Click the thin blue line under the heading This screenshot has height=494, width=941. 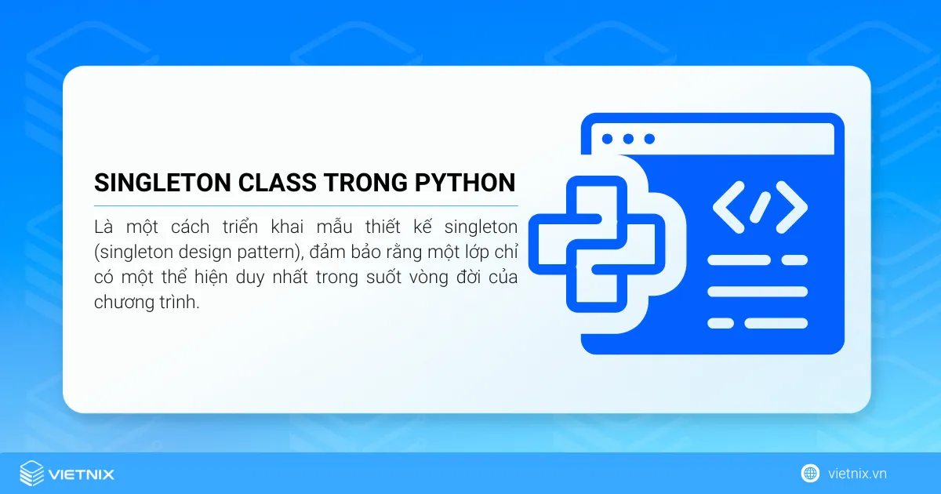tap(306, 205)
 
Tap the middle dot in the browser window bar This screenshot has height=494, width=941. tap(628, 139)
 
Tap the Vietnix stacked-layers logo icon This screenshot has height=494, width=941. tap(32, 474)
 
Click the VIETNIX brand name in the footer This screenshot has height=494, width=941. tap(82, 474)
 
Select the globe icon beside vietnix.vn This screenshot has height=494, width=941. tap(810, 474)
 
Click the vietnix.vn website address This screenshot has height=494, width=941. tap(857, 474)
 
